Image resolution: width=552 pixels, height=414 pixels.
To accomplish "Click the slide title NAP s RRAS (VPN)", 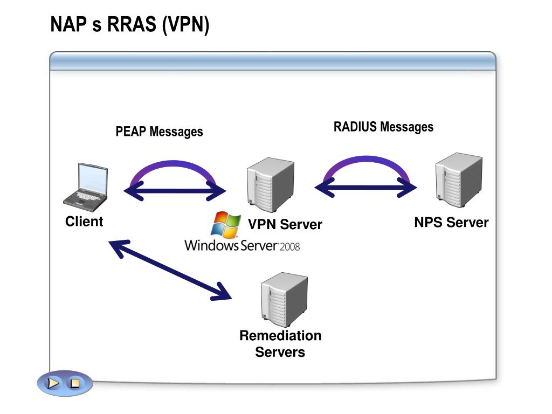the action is (130, 25).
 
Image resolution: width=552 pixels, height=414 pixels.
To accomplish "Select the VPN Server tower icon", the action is (271, 184).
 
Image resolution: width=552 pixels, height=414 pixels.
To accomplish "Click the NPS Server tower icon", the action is (459, 180).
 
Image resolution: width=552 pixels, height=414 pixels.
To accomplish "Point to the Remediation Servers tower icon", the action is (284, 300).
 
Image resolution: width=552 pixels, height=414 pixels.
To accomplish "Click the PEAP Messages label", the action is (159, 132).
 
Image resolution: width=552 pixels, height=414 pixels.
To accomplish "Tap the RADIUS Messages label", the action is (383, 127).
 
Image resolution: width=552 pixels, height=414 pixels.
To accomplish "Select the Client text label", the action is (84, 222).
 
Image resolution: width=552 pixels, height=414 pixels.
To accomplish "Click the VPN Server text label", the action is (285, 224).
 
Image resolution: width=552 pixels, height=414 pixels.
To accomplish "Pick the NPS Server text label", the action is (451, 223).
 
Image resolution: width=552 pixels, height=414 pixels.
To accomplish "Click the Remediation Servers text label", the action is (280, 343).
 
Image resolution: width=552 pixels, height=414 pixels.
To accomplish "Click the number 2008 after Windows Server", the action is (289, 246).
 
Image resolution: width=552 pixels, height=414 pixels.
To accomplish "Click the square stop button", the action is (75, 383).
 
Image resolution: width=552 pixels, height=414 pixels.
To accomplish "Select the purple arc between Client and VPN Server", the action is (173, 163).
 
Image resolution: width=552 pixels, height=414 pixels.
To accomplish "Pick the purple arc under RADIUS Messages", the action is (367, 158).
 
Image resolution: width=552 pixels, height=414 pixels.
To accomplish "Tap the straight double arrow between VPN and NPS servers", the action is (366, 187).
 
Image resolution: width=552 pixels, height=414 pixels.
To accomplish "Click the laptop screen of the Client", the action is (93, 179).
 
